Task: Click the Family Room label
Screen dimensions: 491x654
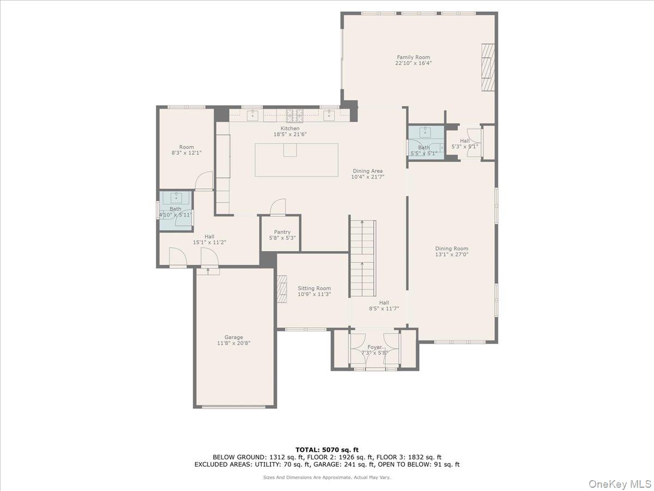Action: pyautogui.click(x=413, y=57)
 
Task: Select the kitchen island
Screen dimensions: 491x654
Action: pyautogui.click(x=296, y=159)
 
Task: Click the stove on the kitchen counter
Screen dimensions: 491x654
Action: pyautogui.click(x=295, y=115)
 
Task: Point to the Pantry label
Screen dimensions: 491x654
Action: pyautogui.click(x=282, y=232)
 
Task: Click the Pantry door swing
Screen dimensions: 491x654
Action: pyautogui.click(x=278, y=206)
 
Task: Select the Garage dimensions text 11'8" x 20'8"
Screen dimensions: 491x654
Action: pyautogui.click(x=234, y=343)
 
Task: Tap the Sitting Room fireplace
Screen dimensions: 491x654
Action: pyautogui.click(x=282, y=289)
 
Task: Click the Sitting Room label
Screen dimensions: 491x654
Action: pyautogui.click(x=314, y=289)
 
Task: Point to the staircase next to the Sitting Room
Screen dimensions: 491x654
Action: pyautogui.click(x=363, y=256)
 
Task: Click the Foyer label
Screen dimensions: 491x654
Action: pyautogui.click(x=374, y=347)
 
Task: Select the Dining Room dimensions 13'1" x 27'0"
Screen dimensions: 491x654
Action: pyautogui.click(x=452, y=254)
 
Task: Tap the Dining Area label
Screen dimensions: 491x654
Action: pyautogui.click(x=367, y=171)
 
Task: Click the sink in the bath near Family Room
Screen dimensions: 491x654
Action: pyautogui.click(x=425, y=131)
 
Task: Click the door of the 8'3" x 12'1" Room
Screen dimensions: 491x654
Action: pyautogui.click(x=204, y=181)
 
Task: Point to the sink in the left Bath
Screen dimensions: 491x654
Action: pyautogui.click(x=175, y=197)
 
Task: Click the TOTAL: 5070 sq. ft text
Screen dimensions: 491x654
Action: pyautogui.click(x=327, y=449)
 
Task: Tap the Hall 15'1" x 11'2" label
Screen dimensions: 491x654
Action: pyautogui.click(x=209, y=236)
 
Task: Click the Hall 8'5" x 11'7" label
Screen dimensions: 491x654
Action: pyautogui.click(x=384, y=303)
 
